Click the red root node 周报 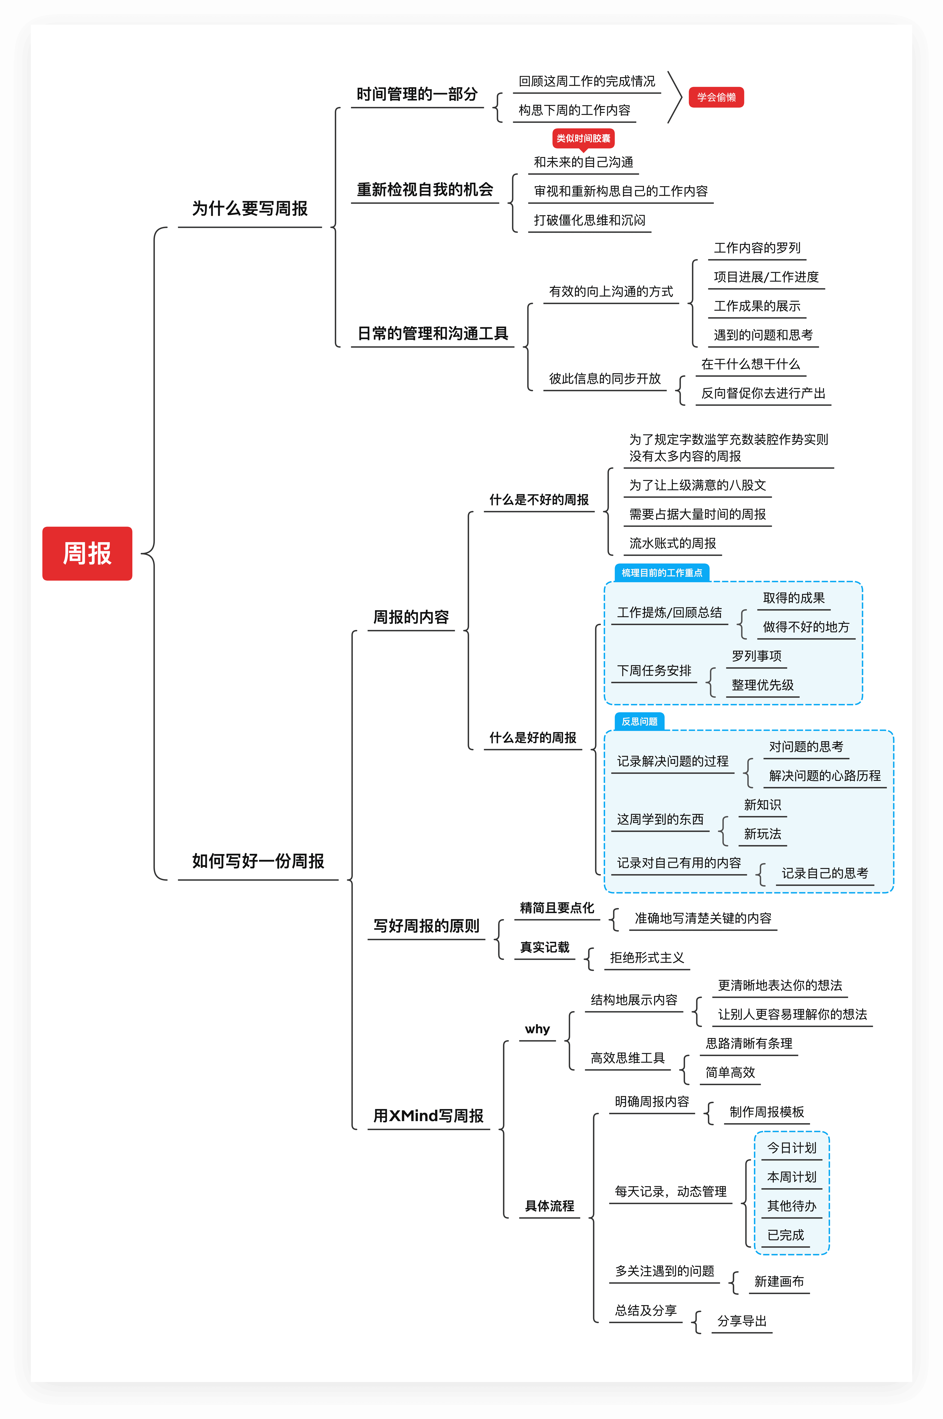tap(87, 553)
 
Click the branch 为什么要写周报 tap(250, 209)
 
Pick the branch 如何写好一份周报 tap(258, 861)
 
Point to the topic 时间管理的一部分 tap(417, 94)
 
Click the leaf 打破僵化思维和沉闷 tap(589, 220)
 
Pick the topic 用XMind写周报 tap(428, 1116)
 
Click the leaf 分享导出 tap(741, 1321)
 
